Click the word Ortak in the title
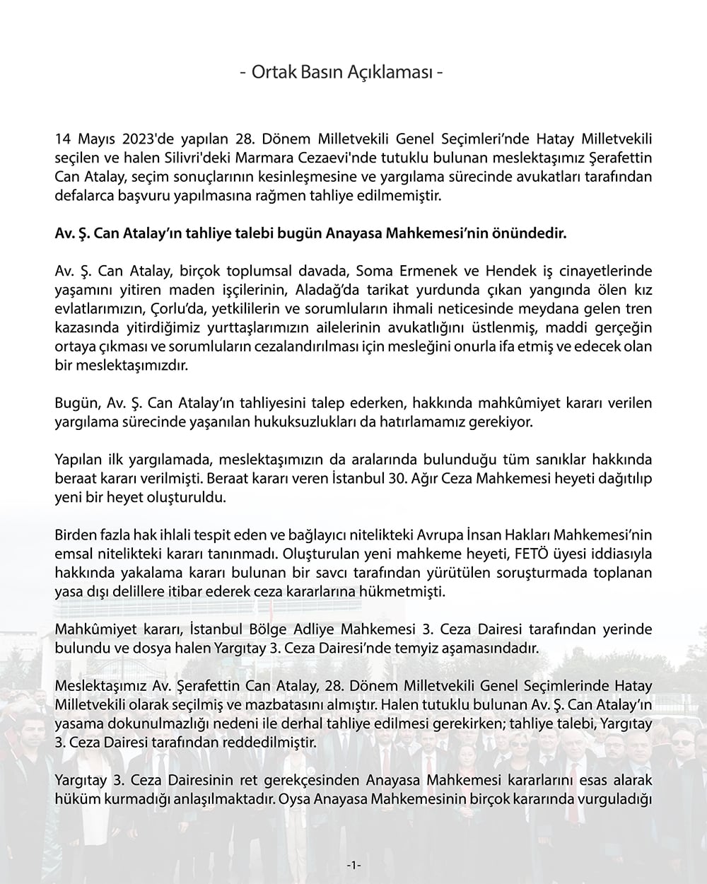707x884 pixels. (269, 73)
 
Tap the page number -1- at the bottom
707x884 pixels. (354, 865)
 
